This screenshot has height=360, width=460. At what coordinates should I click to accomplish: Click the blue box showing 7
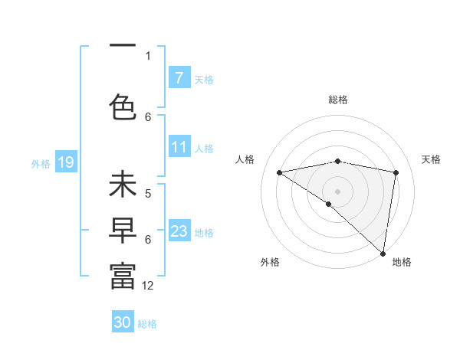pyautogui.click(x=179, y=78)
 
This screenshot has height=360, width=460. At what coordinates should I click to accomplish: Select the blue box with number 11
pyautogui.click(x=179, y=147)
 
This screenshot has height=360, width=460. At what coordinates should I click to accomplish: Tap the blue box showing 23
pyautogui.click(x=179, y=231)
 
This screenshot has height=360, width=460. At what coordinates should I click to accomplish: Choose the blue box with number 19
pyautogui.click(x=65, y=162)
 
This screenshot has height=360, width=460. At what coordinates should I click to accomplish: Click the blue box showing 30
pyautogui.click(x=123, y=322)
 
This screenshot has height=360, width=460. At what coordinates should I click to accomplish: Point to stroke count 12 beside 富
pyautogui.click(x=148, y=286)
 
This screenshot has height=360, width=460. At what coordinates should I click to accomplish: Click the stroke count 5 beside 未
pyautogui.click(x=148, y=194)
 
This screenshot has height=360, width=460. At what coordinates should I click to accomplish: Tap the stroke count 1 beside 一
pyautogui.click(x=148, y=55)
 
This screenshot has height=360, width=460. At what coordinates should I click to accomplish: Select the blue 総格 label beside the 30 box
pyautogui.click(x=147, y=324)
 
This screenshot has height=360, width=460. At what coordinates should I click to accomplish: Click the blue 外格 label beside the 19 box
pyautogui.click(x=41, y=163)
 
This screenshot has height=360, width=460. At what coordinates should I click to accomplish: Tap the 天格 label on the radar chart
pyautogui.click(x=431, y=159)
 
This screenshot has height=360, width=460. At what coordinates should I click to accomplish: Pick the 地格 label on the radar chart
pyautogui.click(x=402, y=262)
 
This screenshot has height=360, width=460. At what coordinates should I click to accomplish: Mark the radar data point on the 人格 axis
pyautogui.click(x=280, y=172)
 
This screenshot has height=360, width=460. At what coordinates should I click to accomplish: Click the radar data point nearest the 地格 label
pyautogui.click(x=383, y=253)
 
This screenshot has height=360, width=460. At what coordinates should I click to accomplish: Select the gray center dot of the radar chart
pyautogui.click(x=337, y=191)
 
